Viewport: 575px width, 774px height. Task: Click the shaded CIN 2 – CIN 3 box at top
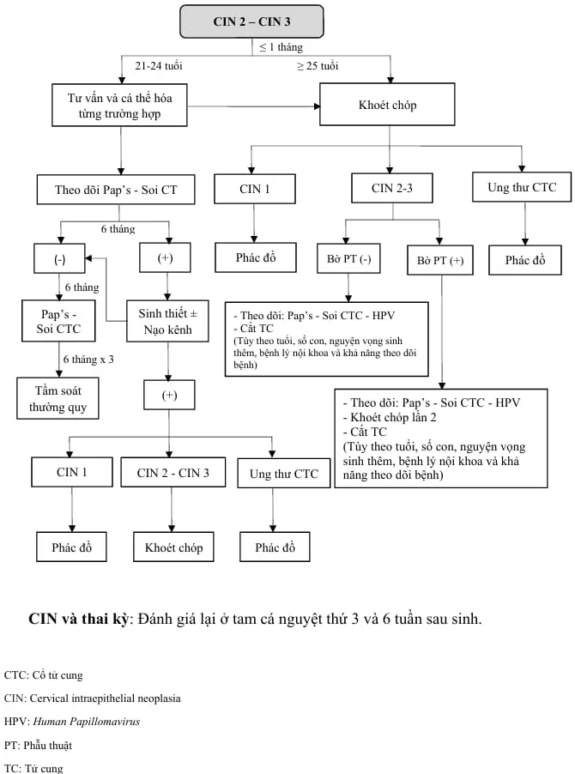(x=251, y=21)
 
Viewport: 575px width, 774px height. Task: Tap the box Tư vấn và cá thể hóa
(x=119, y=104)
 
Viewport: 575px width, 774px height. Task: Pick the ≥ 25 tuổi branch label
(x=318, y=65)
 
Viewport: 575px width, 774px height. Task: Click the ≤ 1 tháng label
(x=282, y=47)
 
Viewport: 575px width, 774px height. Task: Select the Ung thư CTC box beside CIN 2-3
(x=521, y=188)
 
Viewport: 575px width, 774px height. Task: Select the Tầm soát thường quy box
(x=57, y=397)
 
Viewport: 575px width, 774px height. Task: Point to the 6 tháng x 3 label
(x=87, y=359)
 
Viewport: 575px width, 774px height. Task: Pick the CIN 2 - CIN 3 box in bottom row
(x=172, y=473)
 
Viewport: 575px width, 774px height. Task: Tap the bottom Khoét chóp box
(x=173, y=547)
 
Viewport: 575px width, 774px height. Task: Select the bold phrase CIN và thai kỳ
(x=78, y=619)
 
